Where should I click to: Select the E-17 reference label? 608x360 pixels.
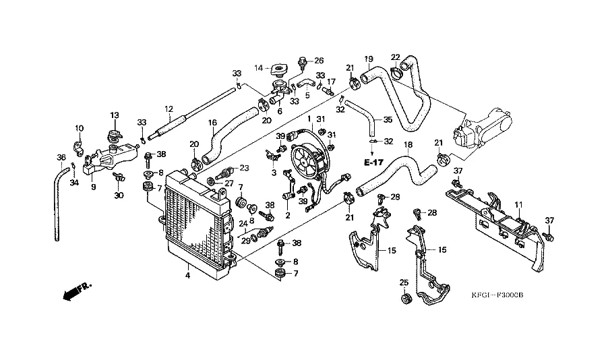(x=372, y=163)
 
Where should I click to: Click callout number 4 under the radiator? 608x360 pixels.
(x=187, y=274)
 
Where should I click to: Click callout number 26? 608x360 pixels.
(x=319, y=60)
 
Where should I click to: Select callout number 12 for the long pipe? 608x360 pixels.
(x=168, y=109)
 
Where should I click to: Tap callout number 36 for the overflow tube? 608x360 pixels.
(x=61, y=158)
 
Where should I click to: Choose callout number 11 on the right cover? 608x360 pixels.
(x=519, y=204)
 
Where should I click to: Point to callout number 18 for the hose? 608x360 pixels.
(x=408, y=144)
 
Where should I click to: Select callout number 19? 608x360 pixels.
(x=369, y=58)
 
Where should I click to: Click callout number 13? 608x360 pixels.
(x=115, y=115)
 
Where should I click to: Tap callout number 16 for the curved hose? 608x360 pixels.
(x=212, y=123)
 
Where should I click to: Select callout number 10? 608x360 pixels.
(x=79, y=128)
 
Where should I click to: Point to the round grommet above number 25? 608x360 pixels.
(x=405, y=299)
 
